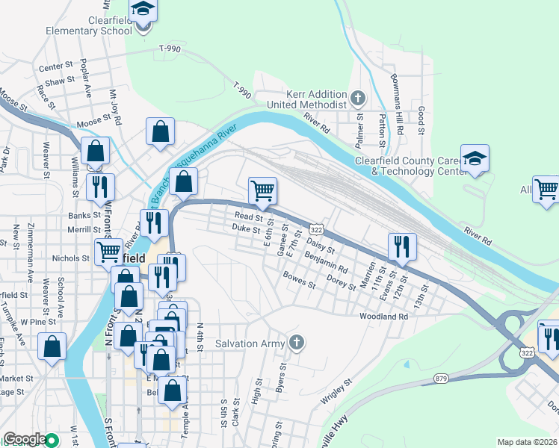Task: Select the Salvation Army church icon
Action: (297, 343)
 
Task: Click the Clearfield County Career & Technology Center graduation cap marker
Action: (475, 159)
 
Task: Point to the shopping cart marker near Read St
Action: (262, 191)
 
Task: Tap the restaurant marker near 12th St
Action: (402, 247)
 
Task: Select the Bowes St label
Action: (299, 281)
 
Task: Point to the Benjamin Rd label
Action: (327, 262)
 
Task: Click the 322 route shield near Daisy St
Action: (317, 228)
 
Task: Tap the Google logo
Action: (25, 439)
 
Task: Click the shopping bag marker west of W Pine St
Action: (52, 346)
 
